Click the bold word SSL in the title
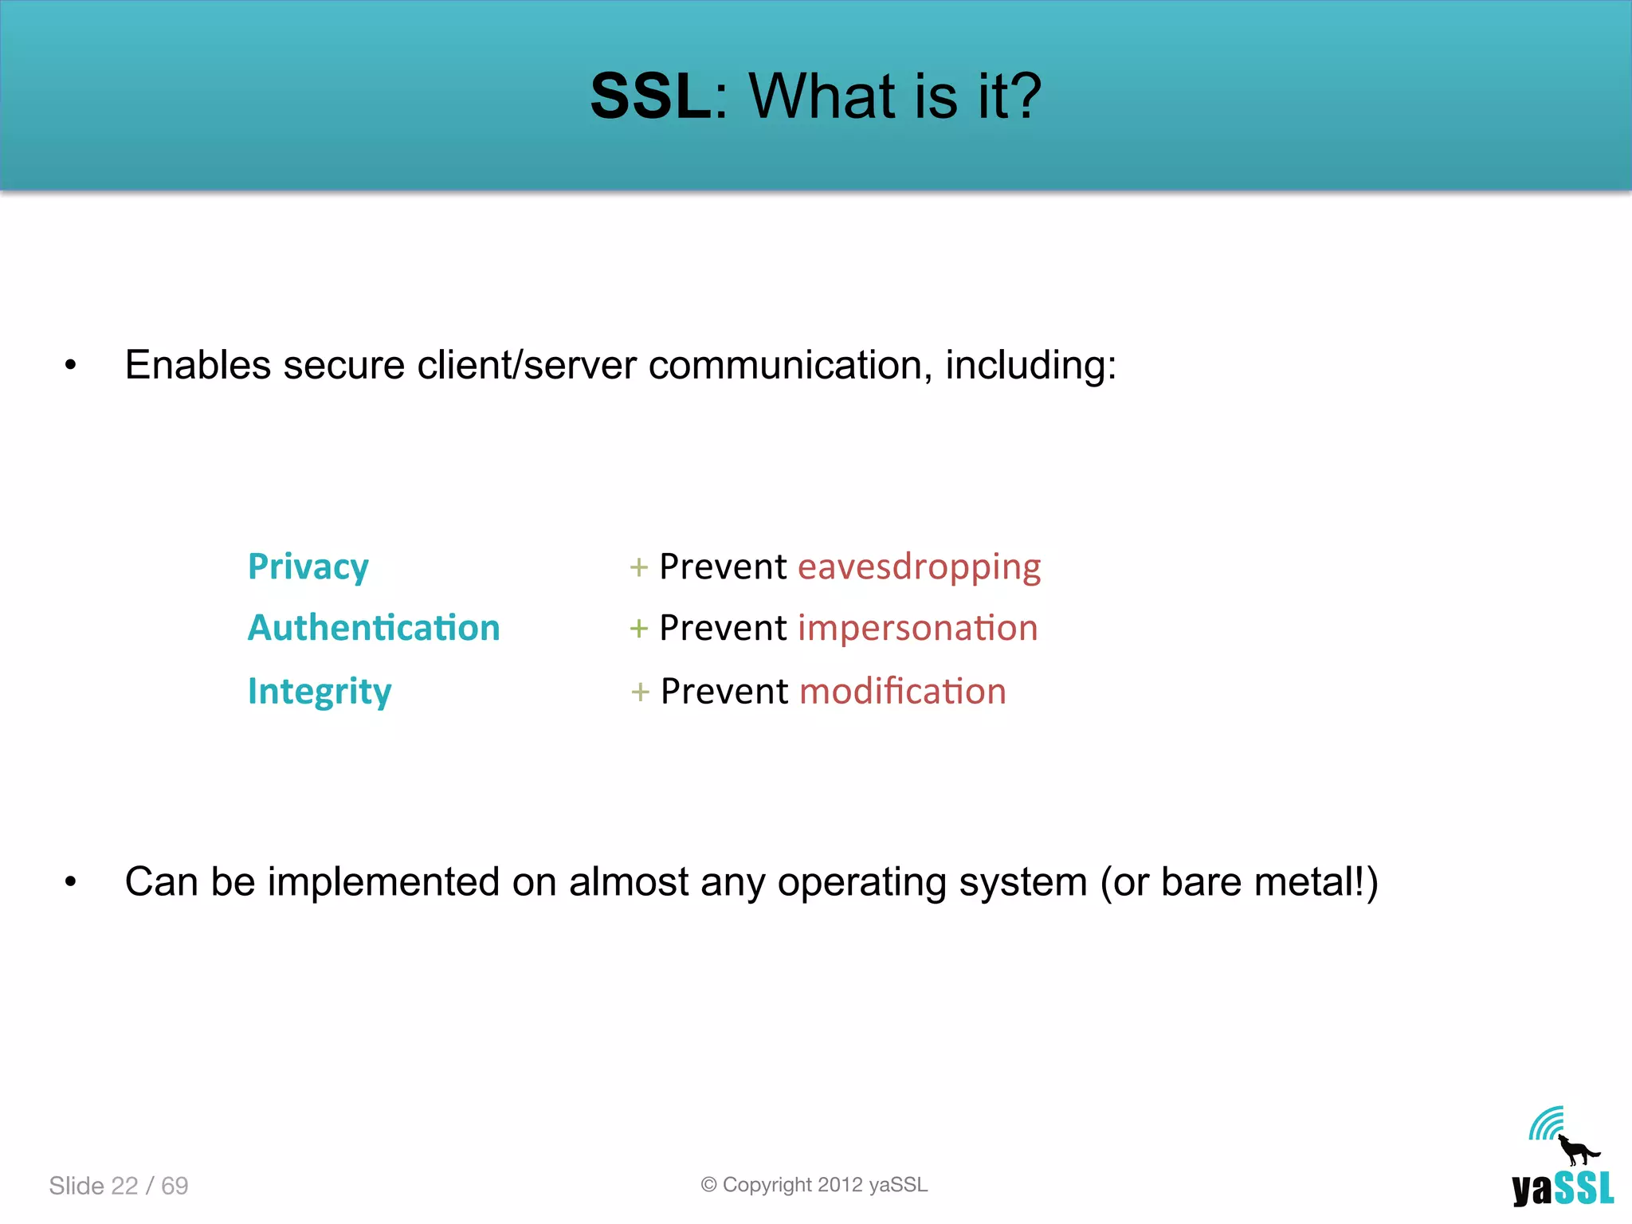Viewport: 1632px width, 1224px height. point(650,96)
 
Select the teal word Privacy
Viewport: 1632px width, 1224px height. point(308,567)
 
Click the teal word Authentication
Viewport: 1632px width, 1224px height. point(374,628)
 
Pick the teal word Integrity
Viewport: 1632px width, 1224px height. point(320,692)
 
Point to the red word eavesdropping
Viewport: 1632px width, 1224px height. point(919,567)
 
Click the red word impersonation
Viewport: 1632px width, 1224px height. point(917,628)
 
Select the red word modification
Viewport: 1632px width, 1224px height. point(902,691)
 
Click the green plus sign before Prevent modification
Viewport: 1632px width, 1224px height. point(640,692)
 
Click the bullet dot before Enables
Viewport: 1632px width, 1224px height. point(71,366)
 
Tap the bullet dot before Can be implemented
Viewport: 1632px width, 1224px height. point(71,882)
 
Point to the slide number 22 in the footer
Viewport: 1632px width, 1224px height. point(124,1186)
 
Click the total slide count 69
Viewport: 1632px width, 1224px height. point(175,1186)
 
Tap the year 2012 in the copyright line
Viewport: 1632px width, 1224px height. point(840,1185)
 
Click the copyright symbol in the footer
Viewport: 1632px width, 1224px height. point(708,1185)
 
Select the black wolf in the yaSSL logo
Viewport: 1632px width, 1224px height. point(1576,1151)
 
